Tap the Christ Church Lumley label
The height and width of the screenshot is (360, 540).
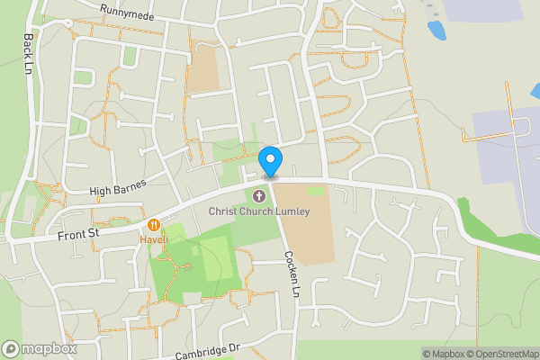(x=259, y=211)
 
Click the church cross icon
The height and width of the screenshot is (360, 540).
(x=260, y=195)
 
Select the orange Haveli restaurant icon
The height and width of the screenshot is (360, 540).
(x=154, y=225)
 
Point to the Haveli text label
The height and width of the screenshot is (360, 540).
(x=154, y=240)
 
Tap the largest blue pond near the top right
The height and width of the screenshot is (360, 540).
(x=436, y=31)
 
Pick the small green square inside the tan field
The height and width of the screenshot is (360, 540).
(x=316, y=191)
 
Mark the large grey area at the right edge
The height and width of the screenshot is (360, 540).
(x=508, y=144)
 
